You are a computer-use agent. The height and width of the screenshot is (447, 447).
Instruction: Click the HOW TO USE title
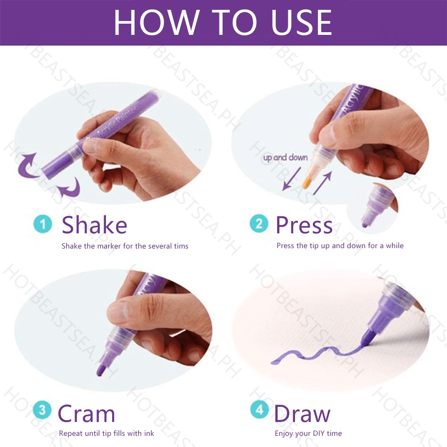(223, 22)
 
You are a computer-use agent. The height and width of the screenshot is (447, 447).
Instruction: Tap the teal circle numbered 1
(43, 224)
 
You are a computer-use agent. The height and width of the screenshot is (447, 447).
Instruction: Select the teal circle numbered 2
(259, 223)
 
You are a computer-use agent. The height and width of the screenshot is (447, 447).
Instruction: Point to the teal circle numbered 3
(42, 410)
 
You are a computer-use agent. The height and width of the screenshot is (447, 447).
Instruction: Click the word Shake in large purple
(94, 225)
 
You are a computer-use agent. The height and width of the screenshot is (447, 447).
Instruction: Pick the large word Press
(304, 225)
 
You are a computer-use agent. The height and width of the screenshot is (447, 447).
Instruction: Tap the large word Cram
(86, 413)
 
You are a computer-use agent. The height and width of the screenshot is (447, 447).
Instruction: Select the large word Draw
(303, 413)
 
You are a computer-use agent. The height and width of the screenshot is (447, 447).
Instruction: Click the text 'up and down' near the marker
(285, 158)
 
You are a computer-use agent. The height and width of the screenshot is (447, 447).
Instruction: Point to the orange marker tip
(307, 182)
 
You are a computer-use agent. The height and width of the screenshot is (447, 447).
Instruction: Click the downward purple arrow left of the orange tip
(291, 179)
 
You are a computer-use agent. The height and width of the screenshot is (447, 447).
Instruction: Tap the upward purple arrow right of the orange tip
(322, 183)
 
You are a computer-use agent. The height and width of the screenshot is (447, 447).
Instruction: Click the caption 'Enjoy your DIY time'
(308, 434)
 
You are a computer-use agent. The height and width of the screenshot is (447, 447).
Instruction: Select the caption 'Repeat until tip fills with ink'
(106, 433)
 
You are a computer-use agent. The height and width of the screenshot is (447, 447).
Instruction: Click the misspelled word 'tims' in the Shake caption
(181, 246)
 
